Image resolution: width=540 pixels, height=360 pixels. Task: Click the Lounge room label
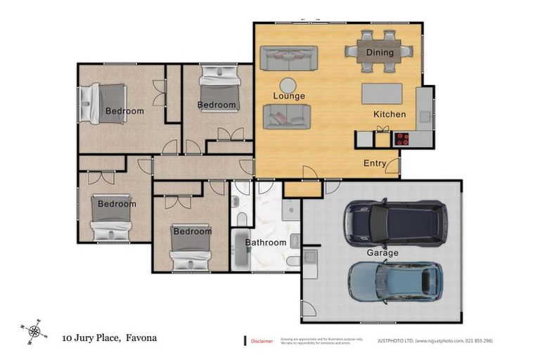pyautogui.click(x=289, y=96)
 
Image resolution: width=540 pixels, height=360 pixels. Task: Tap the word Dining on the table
pyautogui.click(x=380, y=52)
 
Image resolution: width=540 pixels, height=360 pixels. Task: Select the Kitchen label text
pyautogui.click(x=390, y=114)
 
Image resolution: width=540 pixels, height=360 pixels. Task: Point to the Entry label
pyautogui.click(x=375, y=163)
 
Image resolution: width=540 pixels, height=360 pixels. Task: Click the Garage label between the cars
pyautogui.click(x=382, y=252)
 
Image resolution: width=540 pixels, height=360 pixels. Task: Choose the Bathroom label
pyautogui.click(x=266, y=243)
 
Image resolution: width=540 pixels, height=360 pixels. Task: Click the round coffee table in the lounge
pyautogui.click(x=289, y=83)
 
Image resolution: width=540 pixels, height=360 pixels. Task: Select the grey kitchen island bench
pyautogui.click(x=382, y=94)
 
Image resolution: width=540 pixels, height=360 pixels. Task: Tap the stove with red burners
pyautogui.click(x=402, y=139)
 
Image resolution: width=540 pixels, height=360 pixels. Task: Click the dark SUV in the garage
pyautogui.click(x=394, y=220)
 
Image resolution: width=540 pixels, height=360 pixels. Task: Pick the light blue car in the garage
pyautogui.click(x=395, y=281)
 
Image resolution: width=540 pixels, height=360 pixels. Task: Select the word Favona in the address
pyautogui.click(x=141, y=338)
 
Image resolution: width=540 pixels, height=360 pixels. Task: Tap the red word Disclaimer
pyautogui.click(x=262, y=341)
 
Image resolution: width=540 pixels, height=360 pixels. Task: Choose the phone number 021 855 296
pyautogui.click(x=479, y=341)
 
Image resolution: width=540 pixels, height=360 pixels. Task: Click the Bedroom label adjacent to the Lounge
pyautogui.click(x=217, y=105)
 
